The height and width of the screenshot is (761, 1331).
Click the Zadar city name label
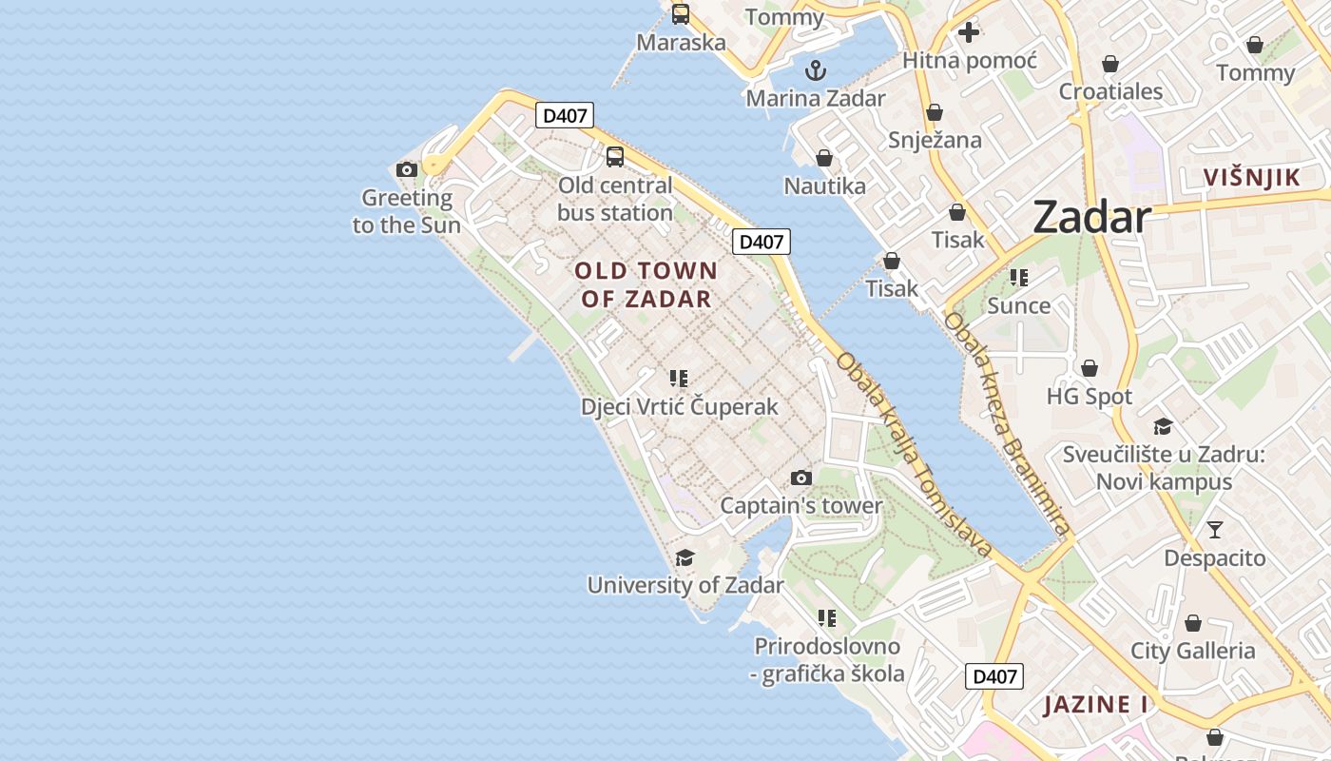(x=1091, y=217)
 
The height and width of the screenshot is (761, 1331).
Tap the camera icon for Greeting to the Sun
(x=407, y=170)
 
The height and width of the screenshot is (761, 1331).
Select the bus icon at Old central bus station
(x=615, y=157)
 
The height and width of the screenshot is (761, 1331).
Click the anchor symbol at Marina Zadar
(x=815, y=69)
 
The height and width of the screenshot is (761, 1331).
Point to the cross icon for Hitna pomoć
(x=969, y=32)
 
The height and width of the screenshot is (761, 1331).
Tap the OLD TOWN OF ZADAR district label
(x=646, y=284)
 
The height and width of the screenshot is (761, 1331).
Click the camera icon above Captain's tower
(x=801, y=478)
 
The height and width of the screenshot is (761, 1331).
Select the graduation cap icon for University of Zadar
(x=685, y=557)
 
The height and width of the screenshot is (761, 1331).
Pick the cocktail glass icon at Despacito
(x=1214, y=530)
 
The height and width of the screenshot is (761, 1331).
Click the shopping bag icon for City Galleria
(x=1192, y=623)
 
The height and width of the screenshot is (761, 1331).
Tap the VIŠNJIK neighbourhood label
(x=1251, y=177)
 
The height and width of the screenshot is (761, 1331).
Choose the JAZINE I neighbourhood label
(x=1095, y=705)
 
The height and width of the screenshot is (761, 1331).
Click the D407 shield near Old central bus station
(x=565, y=116)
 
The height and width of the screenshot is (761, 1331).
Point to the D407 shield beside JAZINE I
(x=994, y=676)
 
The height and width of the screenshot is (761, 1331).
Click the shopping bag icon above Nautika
(x=824, y=158)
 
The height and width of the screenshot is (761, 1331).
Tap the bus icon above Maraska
(x=681, y=13)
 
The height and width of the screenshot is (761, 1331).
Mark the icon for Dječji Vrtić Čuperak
(x=678, y=379)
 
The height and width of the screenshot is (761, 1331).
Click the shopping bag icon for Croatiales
(x=1109, y=64)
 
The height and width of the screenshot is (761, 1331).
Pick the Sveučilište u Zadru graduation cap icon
(x=1163, y=426)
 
